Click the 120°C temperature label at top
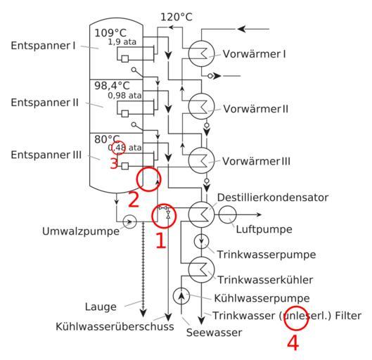pyautogui.click(x=177, y=17)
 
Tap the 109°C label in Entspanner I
pyautogui.click(x=110, y=33)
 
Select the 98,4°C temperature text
pyautogui.click(x=112, y=85)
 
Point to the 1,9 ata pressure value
pyautogui.click(x=122, y=42)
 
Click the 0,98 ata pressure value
pyautogui.click(x=124, y=96)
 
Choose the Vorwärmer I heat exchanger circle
pyautogui.click(x=189, y=53)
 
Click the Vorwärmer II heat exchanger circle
pyautogui.click(x=189, y=106)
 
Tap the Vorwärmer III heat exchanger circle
pyautogui.click(x=189, y=160)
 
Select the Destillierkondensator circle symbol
pyautogui.click(x=189, y=214)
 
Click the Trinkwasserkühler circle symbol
pyautogui.click(x=189, y=269)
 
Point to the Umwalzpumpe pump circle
pyautogui.click(x=124, y=221)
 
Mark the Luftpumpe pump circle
pyautogui.click(x=219, y=214)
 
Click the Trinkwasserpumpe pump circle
pyautogui.click(x=195, y=241)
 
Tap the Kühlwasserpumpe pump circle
pyautogui.click(x=174, y=296)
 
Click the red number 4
pyautogui.click(x=293, y=343)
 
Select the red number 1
pyautogui.click(x=161, y=240)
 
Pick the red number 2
pyautogui.click(x=133, y=200)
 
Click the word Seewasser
pyautogui.click(x=214, y=333)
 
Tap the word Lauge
pyautogui.click(x=101, y=307)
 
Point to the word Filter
pyautogui.click(x=348, y=316)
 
